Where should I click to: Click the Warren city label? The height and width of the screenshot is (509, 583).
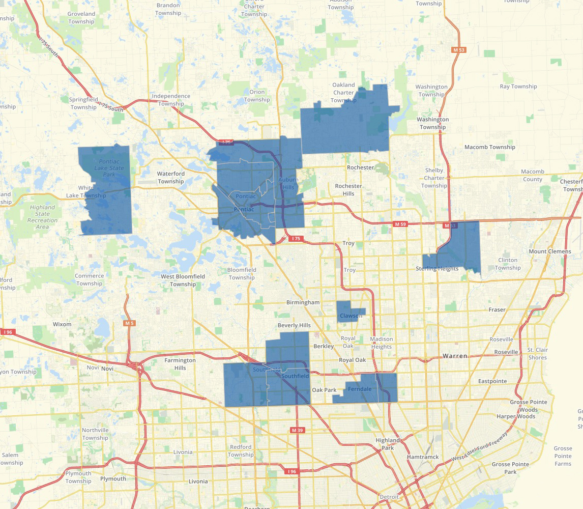[455, 356]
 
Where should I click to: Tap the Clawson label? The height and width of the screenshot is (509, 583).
[351, 316]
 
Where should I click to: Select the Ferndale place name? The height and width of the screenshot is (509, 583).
[360, 389]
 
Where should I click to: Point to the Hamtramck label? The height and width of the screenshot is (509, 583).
[422, 457]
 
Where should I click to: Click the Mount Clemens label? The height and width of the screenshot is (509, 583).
[549, 251]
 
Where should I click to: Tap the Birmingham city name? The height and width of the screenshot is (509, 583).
[303, 302]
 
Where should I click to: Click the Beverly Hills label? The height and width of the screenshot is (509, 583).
[294, 325]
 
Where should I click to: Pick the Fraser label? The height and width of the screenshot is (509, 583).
[497, 309]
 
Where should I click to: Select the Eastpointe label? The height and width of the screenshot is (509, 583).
[492, 381]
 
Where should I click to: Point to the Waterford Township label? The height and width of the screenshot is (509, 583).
[171, 178]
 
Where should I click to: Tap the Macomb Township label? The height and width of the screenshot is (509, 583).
[490, 147]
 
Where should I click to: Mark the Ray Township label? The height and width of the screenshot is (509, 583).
[518, 87]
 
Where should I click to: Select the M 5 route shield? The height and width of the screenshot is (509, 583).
[129, 323]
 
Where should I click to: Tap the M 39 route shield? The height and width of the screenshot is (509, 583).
[297, 431]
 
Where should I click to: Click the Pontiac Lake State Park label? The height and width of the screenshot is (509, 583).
[109, 168]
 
